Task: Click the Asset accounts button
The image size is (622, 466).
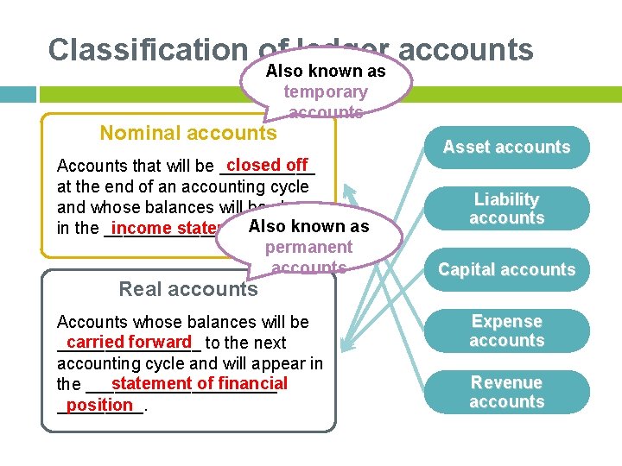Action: coord(506,148)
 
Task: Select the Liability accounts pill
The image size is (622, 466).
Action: coord(506,209)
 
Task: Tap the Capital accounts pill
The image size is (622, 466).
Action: coord(506,270)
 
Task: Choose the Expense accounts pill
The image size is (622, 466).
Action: coord(506,331)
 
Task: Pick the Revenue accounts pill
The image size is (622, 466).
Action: coord(506,393)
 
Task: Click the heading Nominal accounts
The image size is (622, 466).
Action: coord(187,133)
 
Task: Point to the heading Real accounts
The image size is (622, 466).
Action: coord(187,289)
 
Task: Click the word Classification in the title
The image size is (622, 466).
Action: coord(147,50)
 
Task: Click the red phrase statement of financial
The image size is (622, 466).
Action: coord(199,383)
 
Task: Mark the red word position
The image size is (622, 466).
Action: coord(99,405)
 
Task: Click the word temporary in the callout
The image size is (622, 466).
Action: coord(326,91)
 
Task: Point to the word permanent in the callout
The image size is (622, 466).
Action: coord(308,248)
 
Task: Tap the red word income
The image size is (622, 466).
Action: coord(142,228)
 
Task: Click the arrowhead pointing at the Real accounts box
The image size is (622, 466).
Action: coord(346,347)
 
